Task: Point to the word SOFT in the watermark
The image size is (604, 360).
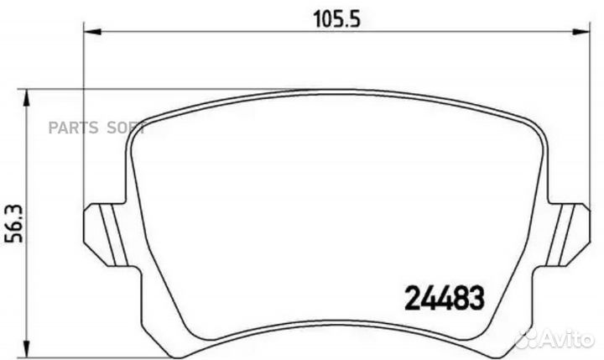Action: [124, 128]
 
